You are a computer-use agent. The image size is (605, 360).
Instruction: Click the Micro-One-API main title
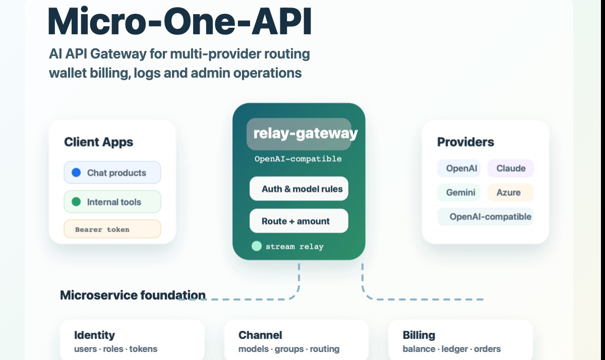coord(179,21)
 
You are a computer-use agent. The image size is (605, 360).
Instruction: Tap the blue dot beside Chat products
coord(76,172)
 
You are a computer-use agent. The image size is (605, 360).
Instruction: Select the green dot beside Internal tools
coord(76,202)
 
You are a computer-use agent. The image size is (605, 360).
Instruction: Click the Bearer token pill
coord(112,229)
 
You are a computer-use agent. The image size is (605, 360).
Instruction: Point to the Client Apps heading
coord(99,142)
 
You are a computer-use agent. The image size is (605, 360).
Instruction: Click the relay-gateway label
coord(306,134)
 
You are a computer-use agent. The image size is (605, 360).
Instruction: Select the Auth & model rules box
coord(298,189)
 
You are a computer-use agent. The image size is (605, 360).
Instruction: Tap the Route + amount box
coord(298,221)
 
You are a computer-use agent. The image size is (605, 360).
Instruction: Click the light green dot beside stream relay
coord(257,246)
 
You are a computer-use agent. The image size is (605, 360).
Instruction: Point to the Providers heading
coord(466,142)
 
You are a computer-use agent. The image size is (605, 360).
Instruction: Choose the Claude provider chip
coord(510,168)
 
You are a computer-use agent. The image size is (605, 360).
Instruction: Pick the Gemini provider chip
coord(459,192)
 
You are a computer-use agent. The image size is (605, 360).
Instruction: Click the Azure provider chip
coord(510,192)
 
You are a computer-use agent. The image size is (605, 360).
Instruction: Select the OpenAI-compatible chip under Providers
coord(486,217)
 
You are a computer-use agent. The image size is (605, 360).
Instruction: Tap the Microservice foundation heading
coord(133,295)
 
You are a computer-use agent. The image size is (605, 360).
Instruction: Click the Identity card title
coord(95,335)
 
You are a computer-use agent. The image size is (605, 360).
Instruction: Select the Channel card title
coord(260,335)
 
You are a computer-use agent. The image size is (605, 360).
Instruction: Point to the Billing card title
coord(419,335)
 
